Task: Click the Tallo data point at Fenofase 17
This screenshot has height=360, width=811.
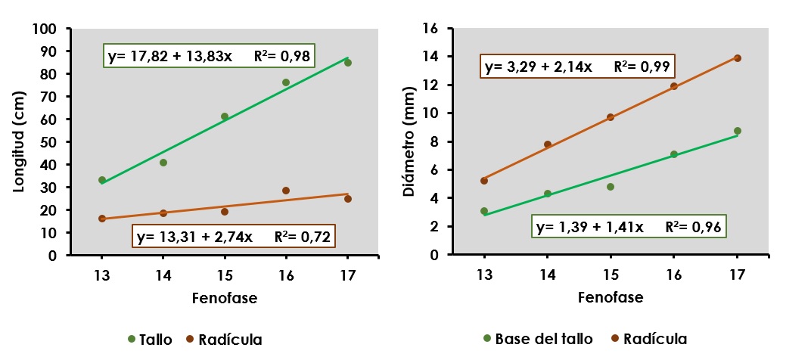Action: [347, 63]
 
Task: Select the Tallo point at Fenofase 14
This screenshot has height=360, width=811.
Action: [163, 163]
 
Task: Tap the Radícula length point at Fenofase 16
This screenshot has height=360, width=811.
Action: [286, 191]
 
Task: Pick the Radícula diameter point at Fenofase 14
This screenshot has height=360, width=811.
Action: [548, 144]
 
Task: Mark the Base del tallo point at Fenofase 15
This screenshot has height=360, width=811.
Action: [611, 187]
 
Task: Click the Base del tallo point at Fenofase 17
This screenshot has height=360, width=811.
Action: [738, 131]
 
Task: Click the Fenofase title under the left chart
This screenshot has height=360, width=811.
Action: [225, 298]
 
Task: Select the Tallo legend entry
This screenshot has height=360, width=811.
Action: [151, 339]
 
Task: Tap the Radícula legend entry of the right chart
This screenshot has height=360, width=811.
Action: [649, 339]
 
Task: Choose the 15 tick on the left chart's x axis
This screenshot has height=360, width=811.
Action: [225, 275]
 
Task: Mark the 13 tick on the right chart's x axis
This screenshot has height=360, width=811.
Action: [484, 275]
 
